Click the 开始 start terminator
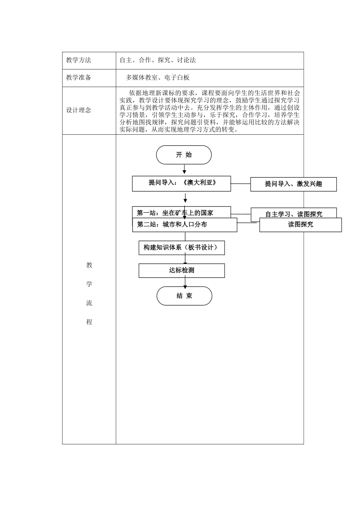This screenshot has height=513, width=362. pyautogui.click(x=184, y=155)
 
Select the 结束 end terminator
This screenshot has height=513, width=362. pyautogui.click(x=184, y=296)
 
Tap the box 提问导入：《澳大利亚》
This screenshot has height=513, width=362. pyautogui.click(x=181, y=184)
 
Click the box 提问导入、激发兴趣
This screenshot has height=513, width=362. pyautogui.click(x=293, y=184)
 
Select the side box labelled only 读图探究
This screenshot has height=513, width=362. pyautogui.click(x=300, y=225)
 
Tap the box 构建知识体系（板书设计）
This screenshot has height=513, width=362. pyautogui.click(x=181, y=248)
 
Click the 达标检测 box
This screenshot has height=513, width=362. pyautogui.click(x=181, y=271)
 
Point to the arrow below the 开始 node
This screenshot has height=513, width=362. pyautogui.click(x=184, y=169)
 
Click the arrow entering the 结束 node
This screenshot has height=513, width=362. pyautogui.click(x=185, y=282)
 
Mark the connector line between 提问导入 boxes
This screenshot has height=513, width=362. pyautogui.click(x=240, y=184)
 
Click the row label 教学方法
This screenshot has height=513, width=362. pyautogui.click(x=79, y=60)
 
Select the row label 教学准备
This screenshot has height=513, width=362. pyautogui.click(x=79, y=78)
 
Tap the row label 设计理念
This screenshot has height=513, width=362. pyautogui.click(x=79, y=110)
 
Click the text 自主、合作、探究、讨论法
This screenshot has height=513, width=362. pyautogui.click(x=158, y=60)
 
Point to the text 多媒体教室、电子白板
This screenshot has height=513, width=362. pyautogui.click(x=158, y=78)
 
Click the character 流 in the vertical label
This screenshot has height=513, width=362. pyautogui.click(x=89, y=303)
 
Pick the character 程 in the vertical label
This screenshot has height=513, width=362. pyautogui.click(x=89, y=322)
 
